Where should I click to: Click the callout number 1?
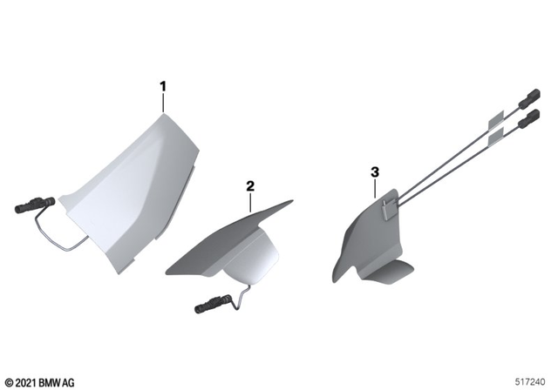pos(162,86)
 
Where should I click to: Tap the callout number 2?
pos(250,185)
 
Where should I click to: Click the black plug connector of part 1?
pos(32,206)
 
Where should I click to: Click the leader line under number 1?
pos(162,103)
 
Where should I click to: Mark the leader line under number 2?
pos(251,202)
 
